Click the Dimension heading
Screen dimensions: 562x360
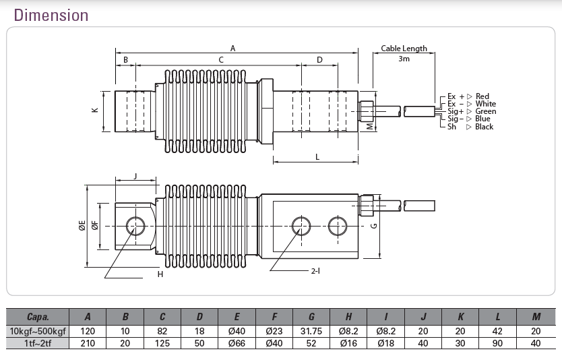tap(51, 16)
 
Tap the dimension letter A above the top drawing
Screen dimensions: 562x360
tap(233, 49)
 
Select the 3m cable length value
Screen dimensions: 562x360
tap(404, 59)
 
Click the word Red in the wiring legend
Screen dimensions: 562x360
tap(482, 96)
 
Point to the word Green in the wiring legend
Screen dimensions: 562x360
tap(486, 111)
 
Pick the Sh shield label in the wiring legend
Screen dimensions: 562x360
tap(451, 127)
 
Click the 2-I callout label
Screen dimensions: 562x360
tap(316, 271)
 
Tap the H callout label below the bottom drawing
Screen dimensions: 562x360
tap(160, 274)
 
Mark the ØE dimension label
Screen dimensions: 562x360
tap(82, 225)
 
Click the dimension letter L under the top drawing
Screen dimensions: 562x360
tap(317, 157)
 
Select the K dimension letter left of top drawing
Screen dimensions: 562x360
tap(95, 110)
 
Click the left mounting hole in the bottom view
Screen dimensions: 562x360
tap(136, 227)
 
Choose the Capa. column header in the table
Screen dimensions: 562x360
tap(38, 317)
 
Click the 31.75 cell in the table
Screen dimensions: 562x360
tap(311, 331)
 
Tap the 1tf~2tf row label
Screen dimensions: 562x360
tap(38, 343)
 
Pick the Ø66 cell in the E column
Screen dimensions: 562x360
tap(237, 343)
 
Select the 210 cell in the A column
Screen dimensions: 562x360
tap(88, 343)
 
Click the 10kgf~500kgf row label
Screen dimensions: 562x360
tap(38, 331)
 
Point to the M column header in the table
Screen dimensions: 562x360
tap(536, 317)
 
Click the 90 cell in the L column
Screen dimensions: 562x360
tap(497, 343)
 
